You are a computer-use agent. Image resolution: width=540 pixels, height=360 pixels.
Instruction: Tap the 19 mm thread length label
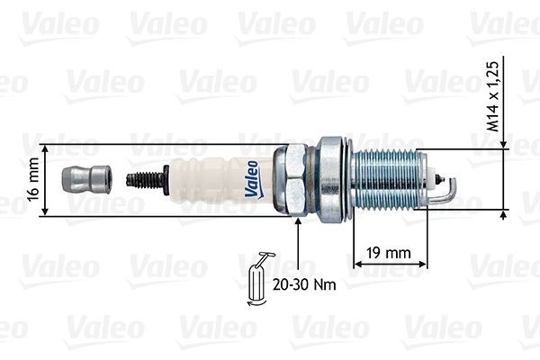click(388, 253)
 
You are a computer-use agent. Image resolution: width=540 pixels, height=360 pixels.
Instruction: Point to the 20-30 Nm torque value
click(305, 284)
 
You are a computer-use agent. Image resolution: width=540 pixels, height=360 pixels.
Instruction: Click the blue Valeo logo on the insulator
click(252, 177)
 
